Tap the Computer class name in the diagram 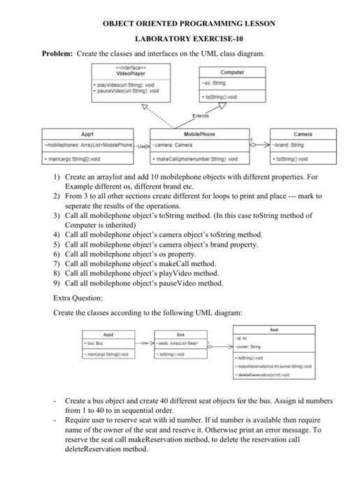232,72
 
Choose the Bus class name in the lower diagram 180,335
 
